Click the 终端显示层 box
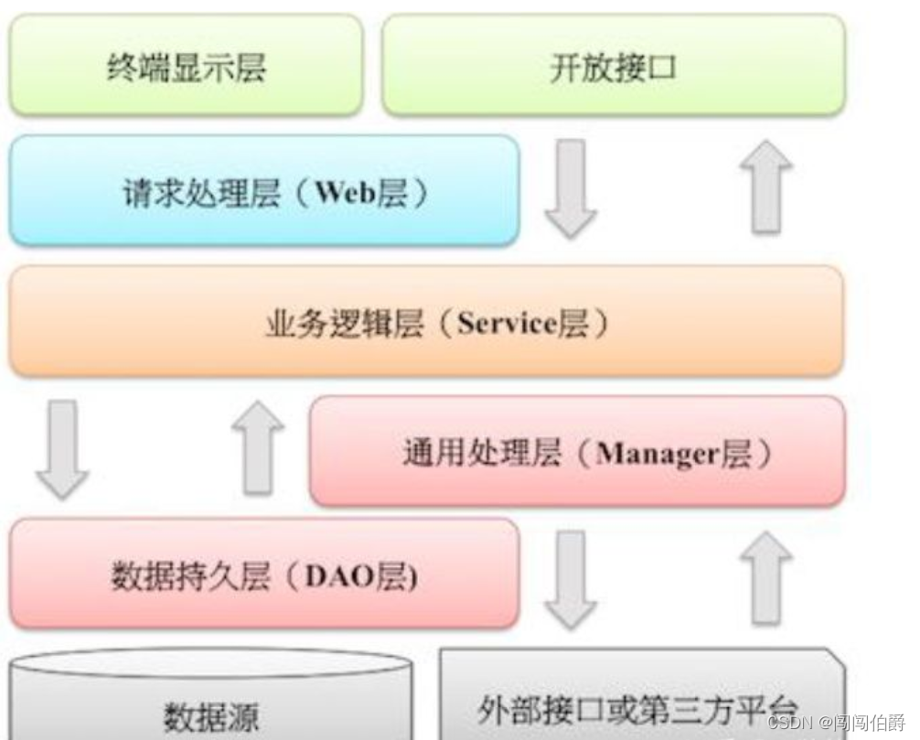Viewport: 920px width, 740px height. [x=186, y=67]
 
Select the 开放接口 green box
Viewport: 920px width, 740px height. [x=613, y=67]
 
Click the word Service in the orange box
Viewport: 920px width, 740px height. [x=507, y=325]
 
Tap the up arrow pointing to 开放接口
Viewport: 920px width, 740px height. [x=765, y=188]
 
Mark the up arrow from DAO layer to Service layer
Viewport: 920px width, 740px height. [x=258, y=447]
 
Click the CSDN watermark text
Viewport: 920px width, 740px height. [x=790, y=722]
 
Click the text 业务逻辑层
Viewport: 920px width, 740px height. [x=344, y=325]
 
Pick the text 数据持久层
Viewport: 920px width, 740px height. [x=190, y=577]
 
